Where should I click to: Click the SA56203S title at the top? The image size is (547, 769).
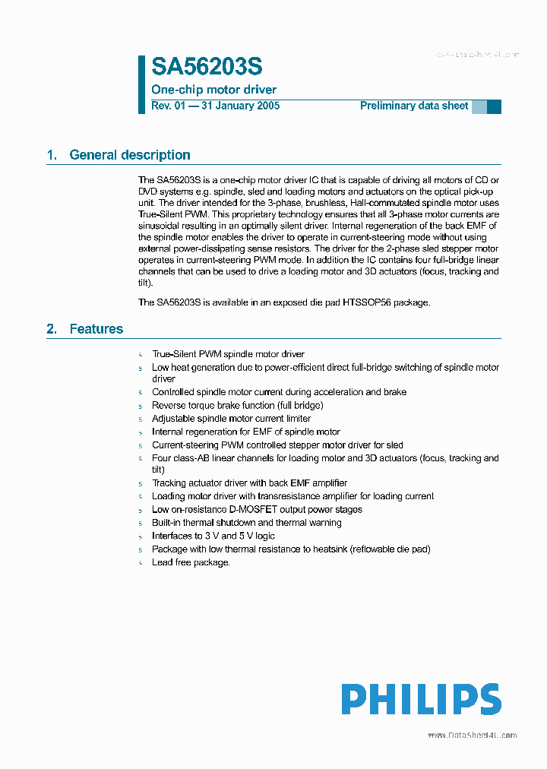[x=207, y=68]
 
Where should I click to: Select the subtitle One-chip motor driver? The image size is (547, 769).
[x=213, y=90]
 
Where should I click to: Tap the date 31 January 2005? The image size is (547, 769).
[x=239, y=106]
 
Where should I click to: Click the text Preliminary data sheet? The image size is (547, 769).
[x=414, y=106]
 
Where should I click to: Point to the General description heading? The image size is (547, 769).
[x=129, y=155]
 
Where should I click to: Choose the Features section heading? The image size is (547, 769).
[x=96, y=329]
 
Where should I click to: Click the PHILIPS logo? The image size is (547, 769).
[x=420, y=699]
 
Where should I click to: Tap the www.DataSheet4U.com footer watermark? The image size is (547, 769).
[x=472, y=735]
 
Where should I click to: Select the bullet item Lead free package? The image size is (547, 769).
[x=191, y=562]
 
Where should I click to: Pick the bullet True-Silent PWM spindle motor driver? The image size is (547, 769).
[x=228, y=354]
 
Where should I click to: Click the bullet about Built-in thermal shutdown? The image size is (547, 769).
[x=246, y=523]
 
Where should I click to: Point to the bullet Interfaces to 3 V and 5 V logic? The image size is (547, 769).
[x=213, y=536]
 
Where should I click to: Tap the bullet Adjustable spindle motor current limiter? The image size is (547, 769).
[x=231, y=419]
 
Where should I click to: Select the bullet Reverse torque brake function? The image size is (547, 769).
[x=237, y=406]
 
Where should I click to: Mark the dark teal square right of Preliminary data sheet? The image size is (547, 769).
[x=494, y=106]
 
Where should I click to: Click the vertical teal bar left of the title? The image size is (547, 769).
[x=141, y=84]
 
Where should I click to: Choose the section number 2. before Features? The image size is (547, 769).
[x=52, y=329]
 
